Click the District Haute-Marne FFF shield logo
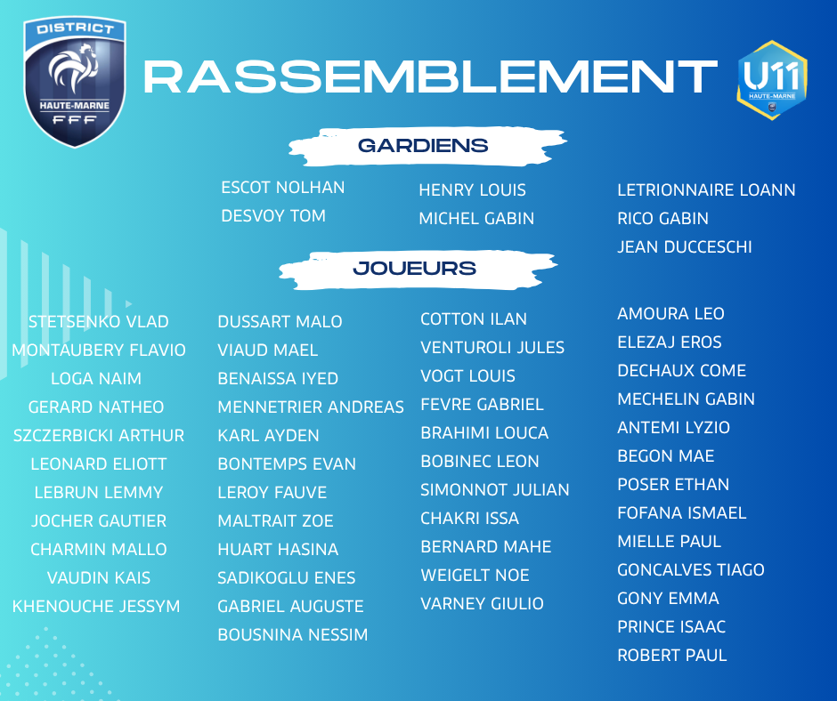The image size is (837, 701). click(x=75, y=81)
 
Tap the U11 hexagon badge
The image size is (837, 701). click(x=772, y=80)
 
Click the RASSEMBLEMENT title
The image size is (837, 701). click(x=430, y=77)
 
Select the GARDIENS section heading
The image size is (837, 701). click(x=423, y=145)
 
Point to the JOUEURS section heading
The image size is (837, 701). click(x=414, y=268)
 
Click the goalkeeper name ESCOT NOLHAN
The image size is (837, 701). click(x=283, y=187)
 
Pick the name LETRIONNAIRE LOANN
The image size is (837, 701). click(x=706, y=189)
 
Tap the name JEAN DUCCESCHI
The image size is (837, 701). click(x=685, y=247)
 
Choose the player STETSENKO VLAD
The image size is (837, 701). click(x=98, y=322)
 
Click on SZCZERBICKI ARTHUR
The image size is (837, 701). click(x=99, y=435)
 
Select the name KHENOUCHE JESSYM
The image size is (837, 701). click(x=96, y=606)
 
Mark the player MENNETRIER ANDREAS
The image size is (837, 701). click(x=311, y=407)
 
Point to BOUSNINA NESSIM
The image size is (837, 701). click(x=293, y=635)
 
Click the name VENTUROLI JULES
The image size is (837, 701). click(x=492, y=347)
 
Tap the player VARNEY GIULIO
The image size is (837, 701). click(x=482, y=603)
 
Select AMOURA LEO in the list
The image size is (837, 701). click(x=670, y=314)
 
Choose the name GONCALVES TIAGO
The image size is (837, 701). click(x=691, y=569)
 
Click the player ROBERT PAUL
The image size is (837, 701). click(x=672, y=655)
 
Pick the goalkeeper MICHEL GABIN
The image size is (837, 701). click(x=476, y=218)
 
